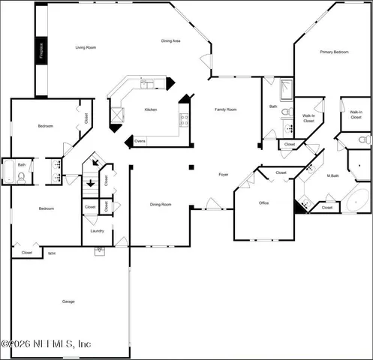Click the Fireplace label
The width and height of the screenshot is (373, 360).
pos(42,49)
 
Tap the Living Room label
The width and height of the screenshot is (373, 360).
pos(86,48)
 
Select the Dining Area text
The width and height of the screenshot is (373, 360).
pos(171,40)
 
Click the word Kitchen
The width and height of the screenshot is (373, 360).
pos(151,110)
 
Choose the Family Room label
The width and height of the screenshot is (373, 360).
pos(226,109)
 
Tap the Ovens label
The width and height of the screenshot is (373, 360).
pos(140,140)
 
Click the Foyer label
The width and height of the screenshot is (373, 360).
pos(224,175)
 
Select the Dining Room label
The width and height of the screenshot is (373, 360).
pos(161,204)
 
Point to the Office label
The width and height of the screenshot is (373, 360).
pos(264,202)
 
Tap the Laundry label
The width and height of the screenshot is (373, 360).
pos(97,231)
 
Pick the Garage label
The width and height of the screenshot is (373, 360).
pos(68,301)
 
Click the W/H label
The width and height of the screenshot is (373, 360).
pos(52,253)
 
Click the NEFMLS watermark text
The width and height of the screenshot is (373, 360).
pos(47,343)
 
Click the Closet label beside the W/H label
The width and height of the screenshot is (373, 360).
pos(27,253)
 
